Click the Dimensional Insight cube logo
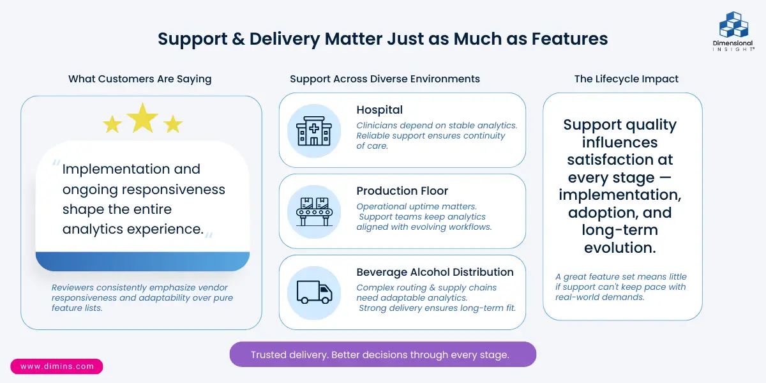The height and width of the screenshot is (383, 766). click(x=733, y=25)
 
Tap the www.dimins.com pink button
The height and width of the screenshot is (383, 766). click(x=57, y=366)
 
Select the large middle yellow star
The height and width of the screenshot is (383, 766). click(x=142, y=118)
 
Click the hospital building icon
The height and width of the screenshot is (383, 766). click(x=314, y=131)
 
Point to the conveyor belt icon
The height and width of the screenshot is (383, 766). click(x=314, y=211)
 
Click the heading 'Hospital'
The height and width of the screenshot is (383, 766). click(x=379, y=110)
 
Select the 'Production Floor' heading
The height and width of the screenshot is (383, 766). click(x=402, y=191)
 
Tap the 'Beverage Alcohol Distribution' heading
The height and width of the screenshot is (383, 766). click(x=435, y=272)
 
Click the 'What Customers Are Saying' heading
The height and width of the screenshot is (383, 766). click(x=140, y=79)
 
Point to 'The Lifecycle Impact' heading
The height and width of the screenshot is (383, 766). click(x=626, y=79)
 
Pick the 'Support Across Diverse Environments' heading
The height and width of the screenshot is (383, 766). click(x=385, y=79)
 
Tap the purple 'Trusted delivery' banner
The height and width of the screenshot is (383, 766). click(x=382, y=355)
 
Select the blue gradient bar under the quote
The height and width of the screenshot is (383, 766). click(x=142, y=261)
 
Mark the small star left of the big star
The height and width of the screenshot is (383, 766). click(x=112, y=124)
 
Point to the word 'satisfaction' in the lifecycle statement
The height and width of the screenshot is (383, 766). click(x=620, y=160)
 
